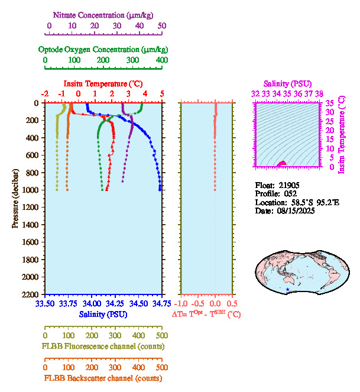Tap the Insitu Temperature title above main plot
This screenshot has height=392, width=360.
click(x=103, y=83)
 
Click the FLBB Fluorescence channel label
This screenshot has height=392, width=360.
click(x=103, y=346)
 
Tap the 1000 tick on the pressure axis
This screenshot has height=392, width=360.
click(x=31, y=190)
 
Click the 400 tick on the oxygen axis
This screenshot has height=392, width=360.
click(x=161, y=60)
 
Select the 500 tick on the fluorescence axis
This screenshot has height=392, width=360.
click(x=161, y=335)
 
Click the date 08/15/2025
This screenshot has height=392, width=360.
click(x=294, y=211)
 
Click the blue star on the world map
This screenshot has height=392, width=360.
click(x=288, y=289)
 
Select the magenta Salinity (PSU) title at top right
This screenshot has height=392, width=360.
click(x=286, y=84)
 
